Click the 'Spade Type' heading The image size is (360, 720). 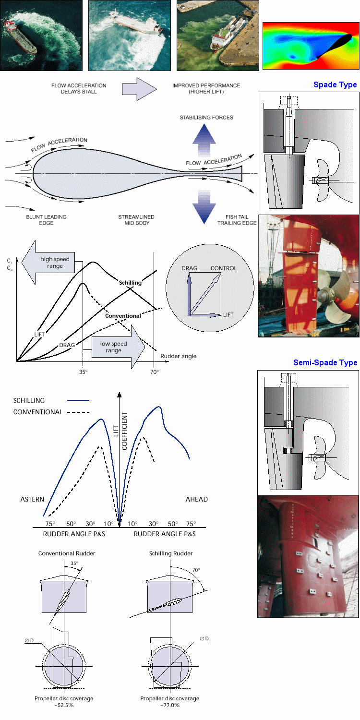(335, 85)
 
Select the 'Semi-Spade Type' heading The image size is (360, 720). (325, 362)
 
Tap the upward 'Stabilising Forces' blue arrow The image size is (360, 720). (204, 140)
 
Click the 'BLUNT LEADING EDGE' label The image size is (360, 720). (46, 220)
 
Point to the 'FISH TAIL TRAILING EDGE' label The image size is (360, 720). (237, 220)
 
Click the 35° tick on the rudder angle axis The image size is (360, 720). (83, 372)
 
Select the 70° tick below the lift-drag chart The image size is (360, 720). (154, 372)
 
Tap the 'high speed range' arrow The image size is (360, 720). (48, 262)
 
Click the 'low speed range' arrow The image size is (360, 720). (119, 347)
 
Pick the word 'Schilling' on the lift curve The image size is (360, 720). (130, 283)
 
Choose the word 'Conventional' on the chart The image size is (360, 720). (123, 316)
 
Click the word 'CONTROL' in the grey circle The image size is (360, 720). (224, 268)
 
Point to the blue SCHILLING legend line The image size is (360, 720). (78, 400)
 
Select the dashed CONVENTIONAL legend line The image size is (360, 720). (78, 412)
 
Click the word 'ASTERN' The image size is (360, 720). (32, 499)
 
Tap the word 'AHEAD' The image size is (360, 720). (197, 499)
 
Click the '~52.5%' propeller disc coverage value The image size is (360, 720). (64, 705)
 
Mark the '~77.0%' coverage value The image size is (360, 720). (170, 705)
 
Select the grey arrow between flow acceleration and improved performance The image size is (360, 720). (139, 89)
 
